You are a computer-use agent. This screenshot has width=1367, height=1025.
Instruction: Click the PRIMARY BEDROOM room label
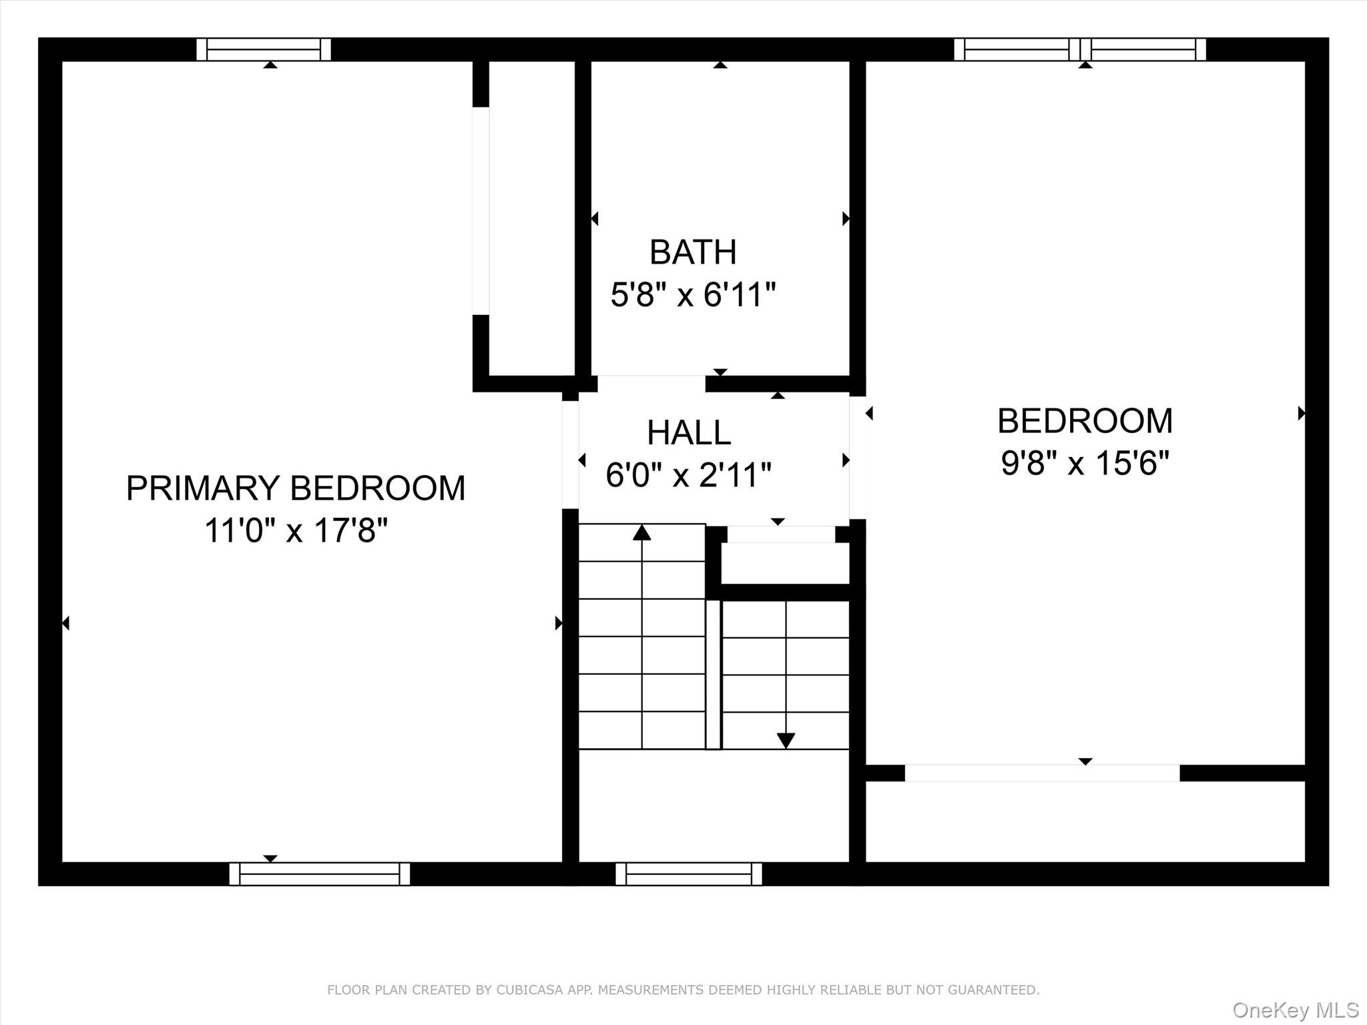[x=296, y=488]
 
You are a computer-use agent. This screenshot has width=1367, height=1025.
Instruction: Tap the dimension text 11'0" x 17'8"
[x=296, y=531]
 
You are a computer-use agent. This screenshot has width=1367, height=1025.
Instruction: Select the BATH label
[x=693, y=252]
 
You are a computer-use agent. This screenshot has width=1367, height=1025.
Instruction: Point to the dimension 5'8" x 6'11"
[x=693, y=294]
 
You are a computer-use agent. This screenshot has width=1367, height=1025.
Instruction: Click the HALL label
[x=689, y=432]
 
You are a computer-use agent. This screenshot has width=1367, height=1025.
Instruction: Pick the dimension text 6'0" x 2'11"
[x=688, y=475]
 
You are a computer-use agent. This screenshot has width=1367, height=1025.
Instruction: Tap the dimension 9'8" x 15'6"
[x=1085, y=462]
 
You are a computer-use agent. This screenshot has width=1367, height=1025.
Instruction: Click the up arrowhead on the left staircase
[x=641, y=533]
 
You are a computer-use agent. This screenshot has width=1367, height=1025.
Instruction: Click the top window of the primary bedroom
[x=264, y=49]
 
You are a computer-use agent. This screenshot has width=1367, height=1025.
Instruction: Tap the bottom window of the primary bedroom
[x=319, y=874]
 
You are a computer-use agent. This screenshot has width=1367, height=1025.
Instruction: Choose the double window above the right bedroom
[x=1079, y=49]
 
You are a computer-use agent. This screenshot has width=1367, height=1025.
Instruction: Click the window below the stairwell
[x=688, y=874]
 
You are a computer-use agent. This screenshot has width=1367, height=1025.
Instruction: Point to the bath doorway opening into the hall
[x=651, y=383]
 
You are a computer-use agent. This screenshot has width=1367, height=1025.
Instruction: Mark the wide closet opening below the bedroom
[x=1041, y=773]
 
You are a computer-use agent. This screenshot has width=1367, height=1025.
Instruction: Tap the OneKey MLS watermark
[x=1295, y=1010]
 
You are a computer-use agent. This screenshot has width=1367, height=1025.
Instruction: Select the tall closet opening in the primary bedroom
[x=481, y=210]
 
